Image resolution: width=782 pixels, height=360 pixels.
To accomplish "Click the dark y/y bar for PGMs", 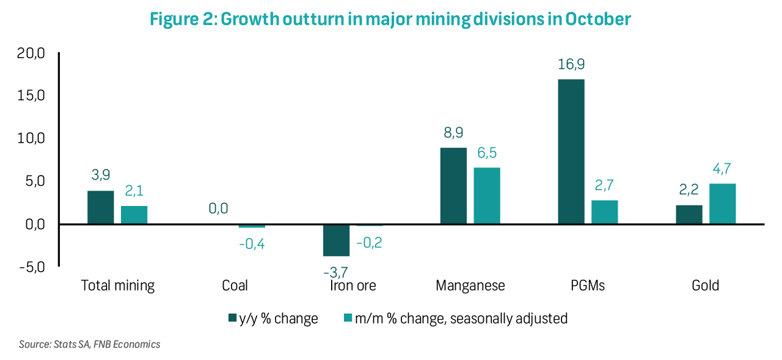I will coord(571,152).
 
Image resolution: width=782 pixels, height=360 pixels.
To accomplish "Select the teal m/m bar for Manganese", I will coord(486,196).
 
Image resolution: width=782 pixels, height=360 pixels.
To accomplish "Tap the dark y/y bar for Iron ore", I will coord(336,240).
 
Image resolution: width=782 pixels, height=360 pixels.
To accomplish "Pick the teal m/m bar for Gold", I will coord(722,204).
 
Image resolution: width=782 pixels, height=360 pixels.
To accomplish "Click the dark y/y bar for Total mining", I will coord(101,207).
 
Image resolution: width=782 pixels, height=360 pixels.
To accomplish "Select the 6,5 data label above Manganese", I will coord(486,153).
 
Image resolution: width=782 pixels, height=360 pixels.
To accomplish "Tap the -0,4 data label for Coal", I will coord(252,243).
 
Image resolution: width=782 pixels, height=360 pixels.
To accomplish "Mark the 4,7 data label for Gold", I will coord(722,169).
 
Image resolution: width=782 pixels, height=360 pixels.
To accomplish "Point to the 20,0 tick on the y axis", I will coord(31,54).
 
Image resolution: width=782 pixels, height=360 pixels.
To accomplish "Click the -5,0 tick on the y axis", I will coord(31,267).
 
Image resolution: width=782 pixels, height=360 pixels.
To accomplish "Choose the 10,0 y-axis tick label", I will coord(31,139).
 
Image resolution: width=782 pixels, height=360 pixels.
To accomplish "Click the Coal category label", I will coord(235,285).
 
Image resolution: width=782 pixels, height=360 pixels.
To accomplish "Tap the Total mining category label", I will coord(118,285).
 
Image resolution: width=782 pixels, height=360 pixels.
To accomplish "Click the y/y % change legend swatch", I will coord(233,318).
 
